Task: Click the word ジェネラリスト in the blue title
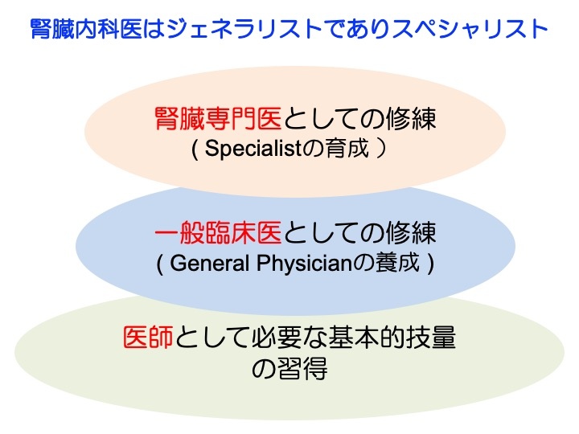click(244, 29)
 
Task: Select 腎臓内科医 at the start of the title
click(86, 29)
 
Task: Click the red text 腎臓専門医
click(218, 118)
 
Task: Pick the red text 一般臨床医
click(218, 232)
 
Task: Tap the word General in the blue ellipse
click(209, 263)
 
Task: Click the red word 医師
click(148, 337)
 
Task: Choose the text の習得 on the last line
click(289, 368)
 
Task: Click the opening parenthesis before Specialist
click(195, 149)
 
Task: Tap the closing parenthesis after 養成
click(430, 264)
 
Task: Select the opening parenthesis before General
click(159, 264)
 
